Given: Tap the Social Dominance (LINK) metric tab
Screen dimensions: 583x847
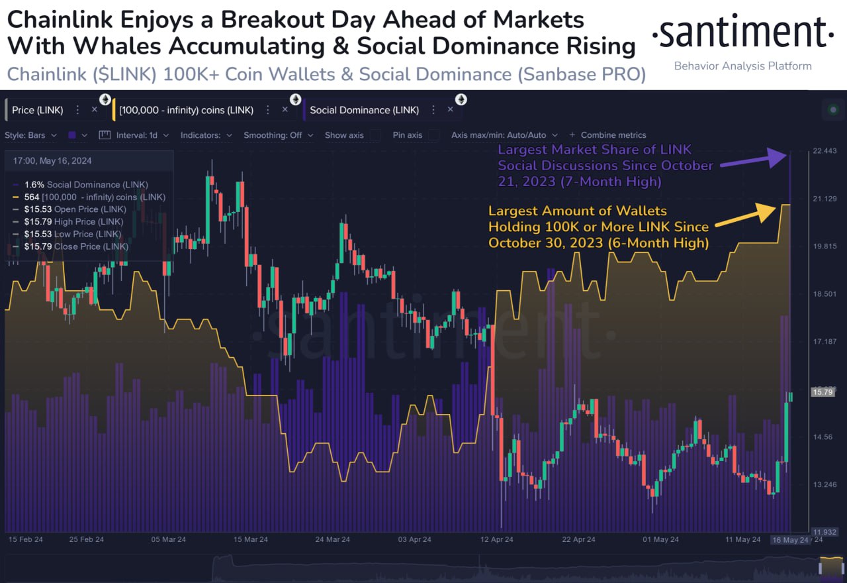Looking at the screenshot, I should click(x=364, y=110).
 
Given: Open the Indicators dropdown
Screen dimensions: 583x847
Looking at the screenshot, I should click(x=206, y=135).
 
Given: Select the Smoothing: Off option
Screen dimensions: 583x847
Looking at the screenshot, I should click(x=277, y=135).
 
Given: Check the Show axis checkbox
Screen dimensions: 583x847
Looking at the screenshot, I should click(x=375, y=135).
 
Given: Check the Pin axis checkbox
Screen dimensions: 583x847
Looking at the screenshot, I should click(x=433, y=135).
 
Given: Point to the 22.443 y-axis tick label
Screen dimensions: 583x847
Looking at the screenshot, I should click(x=825, y=151).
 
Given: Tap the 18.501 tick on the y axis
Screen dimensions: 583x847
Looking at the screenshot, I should click(x=825, y=294).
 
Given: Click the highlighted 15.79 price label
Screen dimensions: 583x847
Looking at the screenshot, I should click(x=823, y=392).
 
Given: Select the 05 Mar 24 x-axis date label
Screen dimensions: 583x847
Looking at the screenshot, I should click(x=169, y=540).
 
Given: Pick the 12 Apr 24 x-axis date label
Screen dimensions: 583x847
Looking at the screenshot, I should click(x=496, y=540).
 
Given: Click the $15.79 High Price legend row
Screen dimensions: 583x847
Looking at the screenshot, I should click(x=73, y=222).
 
